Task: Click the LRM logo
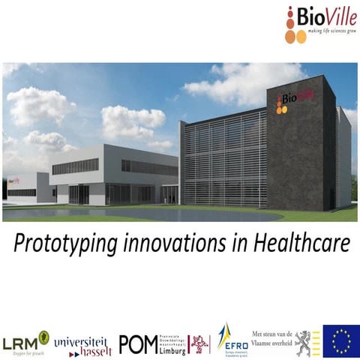(25, 342)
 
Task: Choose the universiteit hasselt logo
(82, 343)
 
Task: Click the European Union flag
(340, 340)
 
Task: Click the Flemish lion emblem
(304, 342)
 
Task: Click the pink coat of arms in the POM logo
(199, 343)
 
